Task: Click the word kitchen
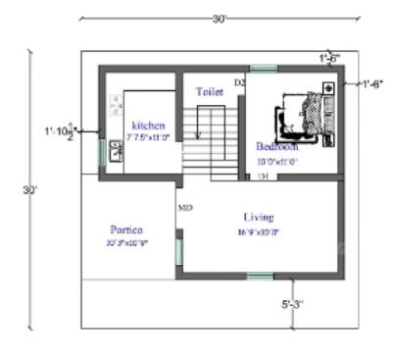pos(148,125)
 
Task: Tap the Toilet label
pos(210,90)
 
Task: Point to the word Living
pos(260,217)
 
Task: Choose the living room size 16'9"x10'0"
pos(259,232)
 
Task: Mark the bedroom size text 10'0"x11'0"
pos(277,160)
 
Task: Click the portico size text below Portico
pos(127,242)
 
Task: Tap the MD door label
pos(184,208)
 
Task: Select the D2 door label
pos(238,81)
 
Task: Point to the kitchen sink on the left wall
pos(115,150)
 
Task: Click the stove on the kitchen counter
pos(116,103)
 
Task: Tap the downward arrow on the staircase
pos(199,128)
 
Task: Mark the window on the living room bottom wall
pos(260,278)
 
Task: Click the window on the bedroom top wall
pos(263,69)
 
